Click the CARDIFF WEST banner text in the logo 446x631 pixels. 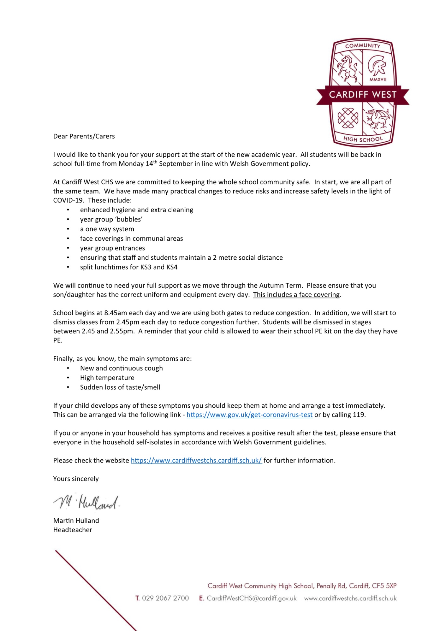coord(363,95)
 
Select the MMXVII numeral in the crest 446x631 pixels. coord(378,80)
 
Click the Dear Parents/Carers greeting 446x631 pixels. coord(84,136)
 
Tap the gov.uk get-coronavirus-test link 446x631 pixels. coord(249,415)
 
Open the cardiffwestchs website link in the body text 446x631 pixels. coord(196,460)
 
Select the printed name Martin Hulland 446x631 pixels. coord(76,521)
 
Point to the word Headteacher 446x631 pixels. coord(73,530)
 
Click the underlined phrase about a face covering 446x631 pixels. coord(296,294)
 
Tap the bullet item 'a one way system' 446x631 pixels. coord(107,229)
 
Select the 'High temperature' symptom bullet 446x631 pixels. coord(107,378)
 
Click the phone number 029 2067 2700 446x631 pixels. coord(165,598)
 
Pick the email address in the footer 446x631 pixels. coord(252,598)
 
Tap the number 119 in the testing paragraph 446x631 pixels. coord(359,415)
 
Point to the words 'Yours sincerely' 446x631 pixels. coord(76,479)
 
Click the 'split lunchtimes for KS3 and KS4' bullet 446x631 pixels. coord(129,267)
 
